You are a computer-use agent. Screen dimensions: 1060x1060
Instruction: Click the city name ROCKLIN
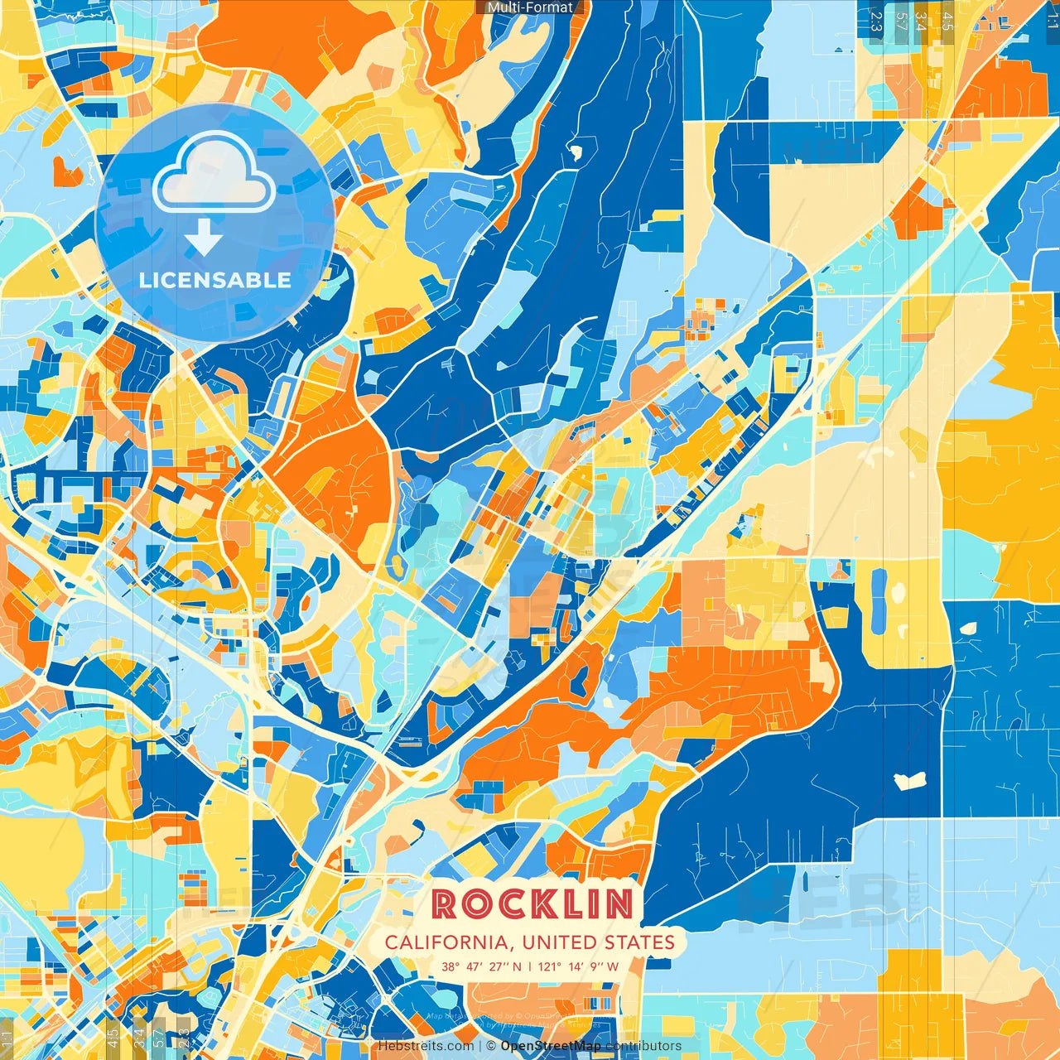pos(532,904)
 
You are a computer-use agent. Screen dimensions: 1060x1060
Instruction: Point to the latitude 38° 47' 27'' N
pos(481,966)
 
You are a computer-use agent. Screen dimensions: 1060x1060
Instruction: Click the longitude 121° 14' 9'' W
pos(579,966)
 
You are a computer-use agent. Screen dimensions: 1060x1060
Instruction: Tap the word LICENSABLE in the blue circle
pos(215,280)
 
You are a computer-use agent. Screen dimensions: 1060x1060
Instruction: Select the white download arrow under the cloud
pos(204,237)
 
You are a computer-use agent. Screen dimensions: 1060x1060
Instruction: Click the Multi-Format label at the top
pos(530,7)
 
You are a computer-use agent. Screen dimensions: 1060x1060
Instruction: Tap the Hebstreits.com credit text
pos(426,1046)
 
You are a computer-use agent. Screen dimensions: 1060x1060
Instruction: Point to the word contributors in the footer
pos(643,1046)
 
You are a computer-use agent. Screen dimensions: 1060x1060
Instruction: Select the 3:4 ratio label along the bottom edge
pos(139,1035)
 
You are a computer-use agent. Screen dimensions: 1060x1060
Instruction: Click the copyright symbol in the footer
pos(490,1046)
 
